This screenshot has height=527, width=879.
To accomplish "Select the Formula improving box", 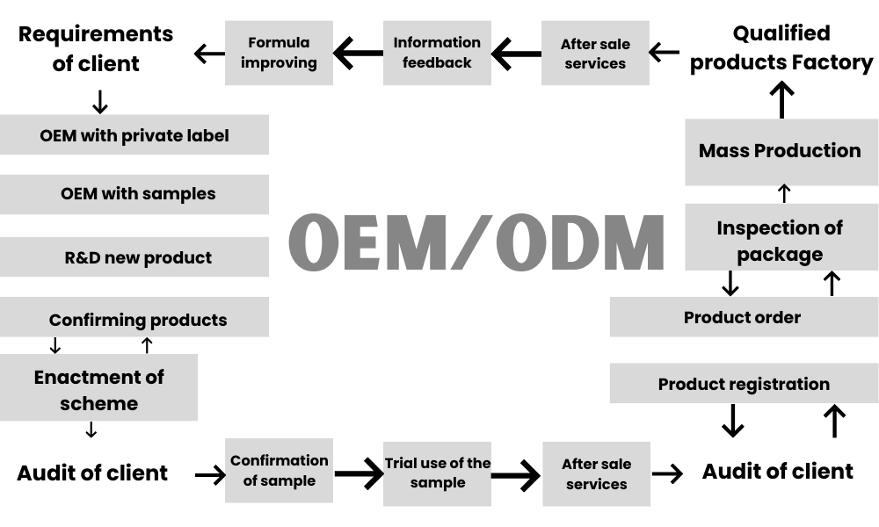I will tap(279, 53).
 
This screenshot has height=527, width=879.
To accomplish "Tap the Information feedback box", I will tap(437, 53).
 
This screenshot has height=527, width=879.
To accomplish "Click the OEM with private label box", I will tap(134, 135).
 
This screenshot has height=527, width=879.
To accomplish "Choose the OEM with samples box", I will tap(134, 193).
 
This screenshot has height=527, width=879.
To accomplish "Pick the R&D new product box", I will tap(134, 257).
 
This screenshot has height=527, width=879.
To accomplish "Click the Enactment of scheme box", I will tap(98, 389).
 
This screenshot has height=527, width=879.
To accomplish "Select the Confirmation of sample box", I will tap(279, 471).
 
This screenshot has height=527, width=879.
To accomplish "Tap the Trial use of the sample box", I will tap(437, 473).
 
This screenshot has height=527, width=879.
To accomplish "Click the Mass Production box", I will tap(780, 151).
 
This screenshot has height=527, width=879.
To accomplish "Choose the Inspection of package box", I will tap(780, 240).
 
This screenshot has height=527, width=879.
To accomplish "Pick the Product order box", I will tap(743, 317).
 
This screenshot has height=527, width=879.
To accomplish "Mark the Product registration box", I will tap(743, 384).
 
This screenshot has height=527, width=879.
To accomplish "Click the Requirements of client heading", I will tap(95, 48).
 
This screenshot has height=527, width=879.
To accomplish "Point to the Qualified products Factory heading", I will tap(781, 48).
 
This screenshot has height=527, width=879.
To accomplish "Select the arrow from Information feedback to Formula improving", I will tap(358, 54).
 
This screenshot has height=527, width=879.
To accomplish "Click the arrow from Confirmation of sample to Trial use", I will tap(358, 475).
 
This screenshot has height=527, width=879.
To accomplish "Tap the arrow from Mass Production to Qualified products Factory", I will tap(781, 100).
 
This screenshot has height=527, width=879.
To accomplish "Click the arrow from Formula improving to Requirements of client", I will tap(208, 54).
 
